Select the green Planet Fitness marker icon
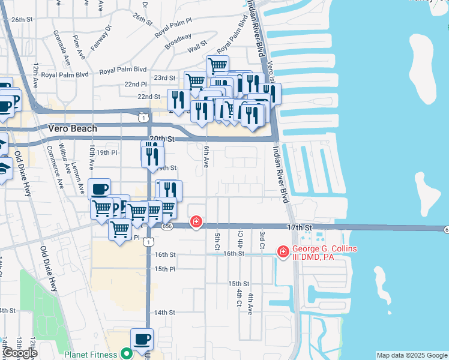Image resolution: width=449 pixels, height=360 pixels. [126, 354]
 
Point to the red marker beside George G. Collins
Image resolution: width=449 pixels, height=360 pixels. [283, 253]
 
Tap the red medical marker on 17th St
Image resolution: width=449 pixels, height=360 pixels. [196, 223]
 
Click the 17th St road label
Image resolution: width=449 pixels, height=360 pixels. [300, 228]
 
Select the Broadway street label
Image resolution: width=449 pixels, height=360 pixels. [178, 41]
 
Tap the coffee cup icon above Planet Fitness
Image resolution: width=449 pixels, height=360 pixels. [142, 339]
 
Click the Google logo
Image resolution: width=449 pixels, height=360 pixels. [20, 353]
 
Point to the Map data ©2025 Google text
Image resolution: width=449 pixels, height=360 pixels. [411, 355]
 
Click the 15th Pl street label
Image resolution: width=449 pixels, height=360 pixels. [164, 269]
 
